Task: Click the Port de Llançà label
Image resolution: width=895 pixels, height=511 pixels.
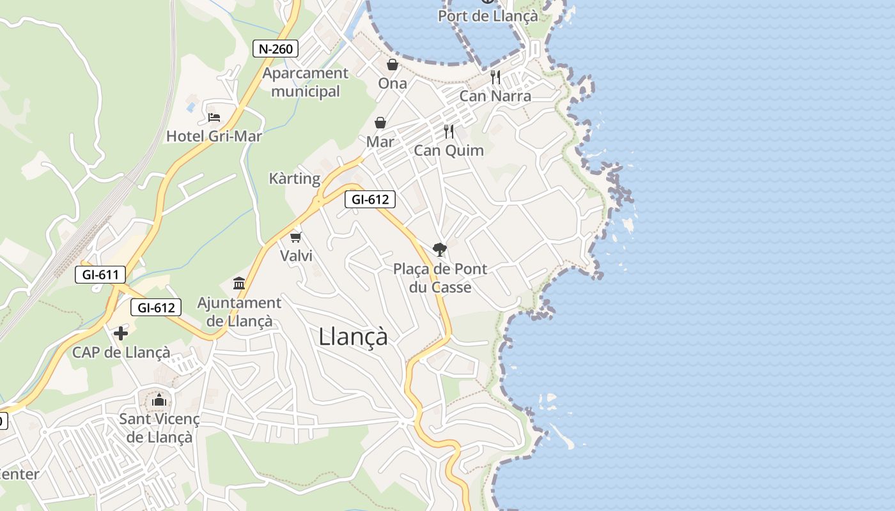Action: point(488,16)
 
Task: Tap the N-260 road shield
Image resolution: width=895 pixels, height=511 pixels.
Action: point(276,49)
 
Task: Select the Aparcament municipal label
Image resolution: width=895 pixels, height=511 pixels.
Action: point(306,82)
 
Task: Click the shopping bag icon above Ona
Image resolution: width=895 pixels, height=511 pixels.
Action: point(393,65)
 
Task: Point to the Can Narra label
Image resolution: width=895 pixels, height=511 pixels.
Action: point(495,96)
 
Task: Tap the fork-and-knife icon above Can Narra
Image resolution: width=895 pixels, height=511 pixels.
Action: point(495,77)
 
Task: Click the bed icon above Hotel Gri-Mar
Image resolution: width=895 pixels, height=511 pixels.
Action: point(214,118)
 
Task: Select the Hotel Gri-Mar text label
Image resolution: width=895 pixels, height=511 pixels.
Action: point(214,136)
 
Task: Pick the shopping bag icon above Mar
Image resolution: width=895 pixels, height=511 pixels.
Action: point(380,123)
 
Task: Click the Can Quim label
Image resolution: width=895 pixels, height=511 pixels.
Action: point(449,151)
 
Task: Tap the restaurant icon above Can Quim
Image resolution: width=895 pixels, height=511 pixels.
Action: point(449,132)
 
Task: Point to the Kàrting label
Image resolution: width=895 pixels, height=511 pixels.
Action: point(295,178)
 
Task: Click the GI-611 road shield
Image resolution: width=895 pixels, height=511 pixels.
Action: point(101,275)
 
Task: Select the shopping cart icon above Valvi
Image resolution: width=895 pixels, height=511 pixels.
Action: point(295,238)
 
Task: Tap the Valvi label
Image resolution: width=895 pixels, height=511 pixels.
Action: point(296,256)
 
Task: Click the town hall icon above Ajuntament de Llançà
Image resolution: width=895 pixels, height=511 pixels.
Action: point(239,283)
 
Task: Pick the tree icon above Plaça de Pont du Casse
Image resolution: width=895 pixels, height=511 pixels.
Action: point(439,250)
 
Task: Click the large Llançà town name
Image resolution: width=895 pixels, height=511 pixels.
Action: point(353,337)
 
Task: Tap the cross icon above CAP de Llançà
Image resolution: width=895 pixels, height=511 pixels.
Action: point(121,333)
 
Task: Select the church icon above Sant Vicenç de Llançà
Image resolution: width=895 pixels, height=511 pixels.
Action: point(159,400)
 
